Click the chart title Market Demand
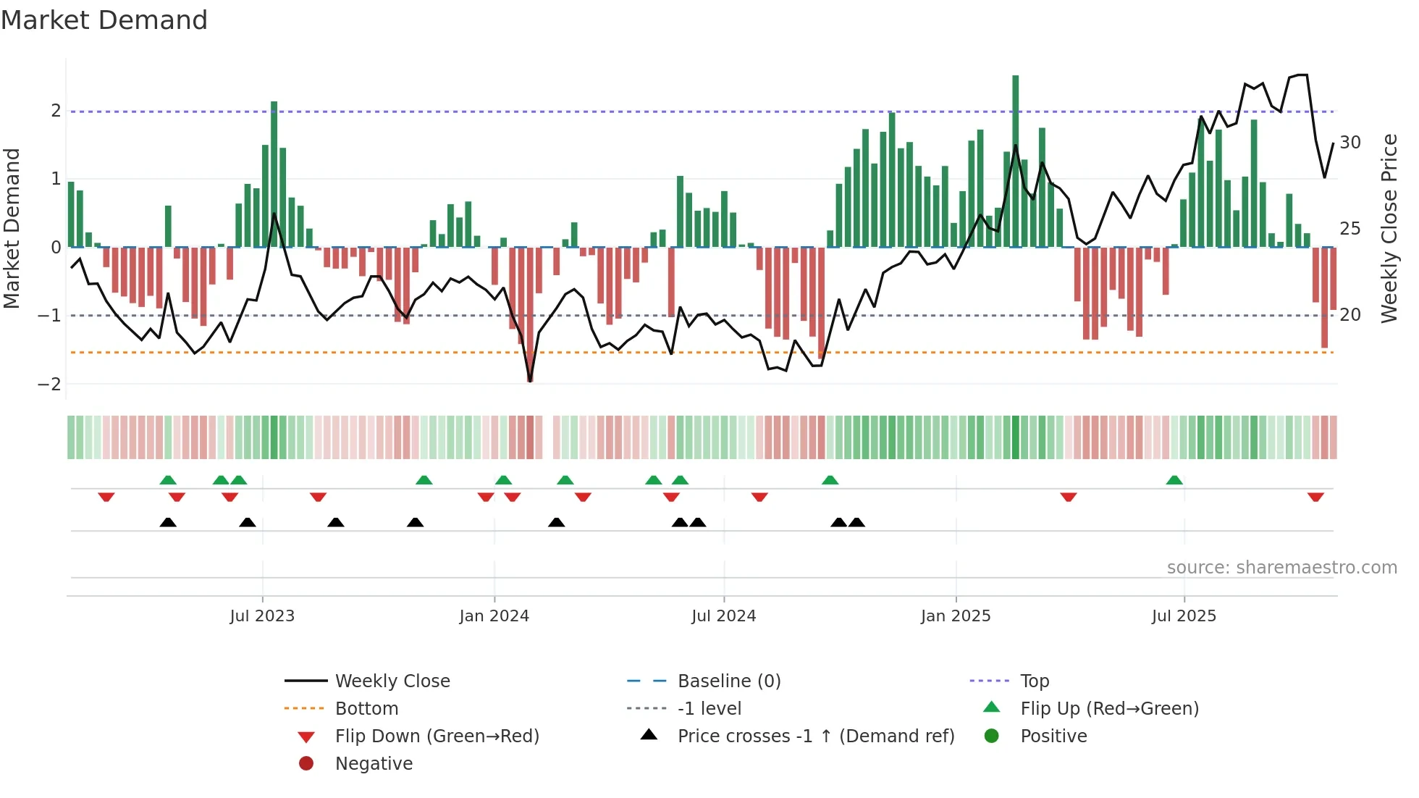pos(104,20)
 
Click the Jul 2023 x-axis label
pos(262,616)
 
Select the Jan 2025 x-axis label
pos(956,616)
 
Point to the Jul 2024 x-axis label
pos(723,616)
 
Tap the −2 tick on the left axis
pos(50,384)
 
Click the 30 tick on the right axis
pos(1350,143)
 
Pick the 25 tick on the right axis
pos(1350,229)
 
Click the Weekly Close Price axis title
pos(1389,228)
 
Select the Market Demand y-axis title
pos(12,228)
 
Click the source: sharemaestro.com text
pos(1281,568)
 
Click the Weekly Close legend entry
pos(392,681)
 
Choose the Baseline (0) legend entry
pos(729,681)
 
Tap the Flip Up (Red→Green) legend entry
pos(1109,709)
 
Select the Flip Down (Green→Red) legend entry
pos(437,736)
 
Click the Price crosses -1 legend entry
pos(816,736)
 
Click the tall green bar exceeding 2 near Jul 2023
pos(274,174)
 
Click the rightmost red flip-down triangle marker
pos(1315,497)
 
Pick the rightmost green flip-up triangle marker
pos(1174,480)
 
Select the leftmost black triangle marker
pos(168,522)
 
